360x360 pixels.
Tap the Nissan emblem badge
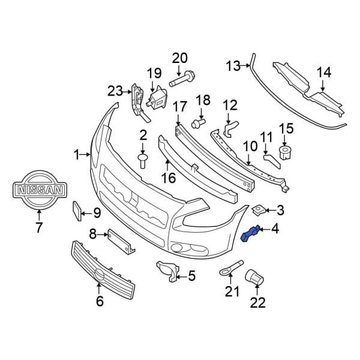(x=38, y=190)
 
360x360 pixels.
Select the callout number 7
(x=38, y=227)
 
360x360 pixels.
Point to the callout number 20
(x=179, y=59)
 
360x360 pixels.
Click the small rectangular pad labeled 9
(x=76, y=212)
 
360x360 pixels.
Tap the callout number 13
(x=232, y=65)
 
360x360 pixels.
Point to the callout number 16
(x=167, y=179)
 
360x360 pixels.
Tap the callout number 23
(x=115, y=91)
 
